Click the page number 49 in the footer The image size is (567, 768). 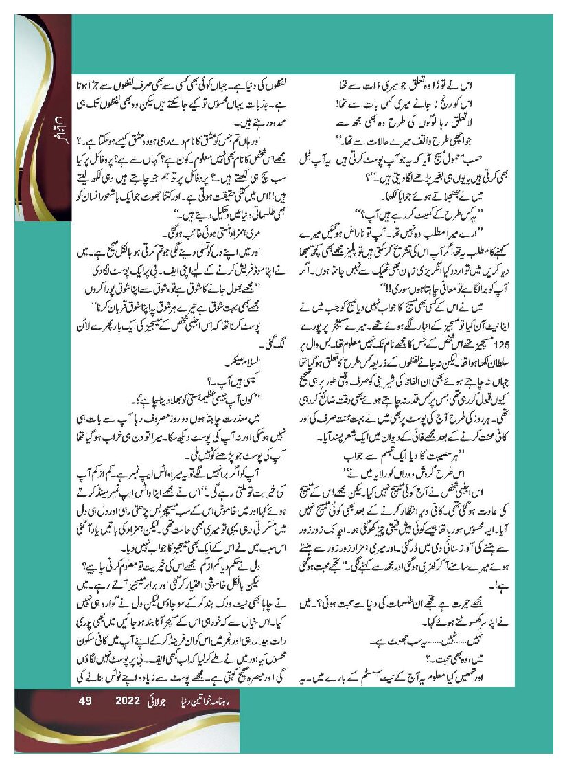(86, 701)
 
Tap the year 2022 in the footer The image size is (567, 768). (128, 701)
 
